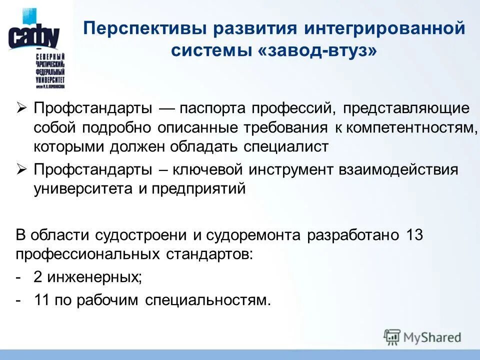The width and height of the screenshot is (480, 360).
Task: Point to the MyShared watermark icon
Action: [x=392, y=337]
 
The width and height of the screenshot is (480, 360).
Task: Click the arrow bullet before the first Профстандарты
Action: [x=21, y=108]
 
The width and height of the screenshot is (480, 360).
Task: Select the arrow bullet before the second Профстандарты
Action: [x=21, y=169]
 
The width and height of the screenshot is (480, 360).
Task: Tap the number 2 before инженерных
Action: [x=38, y=278]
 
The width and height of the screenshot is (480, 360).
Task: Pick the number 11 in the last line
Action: [x=42, y=301]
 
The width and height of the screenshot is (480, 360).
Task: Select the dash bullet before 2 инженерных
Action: [x=18, y=278]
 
